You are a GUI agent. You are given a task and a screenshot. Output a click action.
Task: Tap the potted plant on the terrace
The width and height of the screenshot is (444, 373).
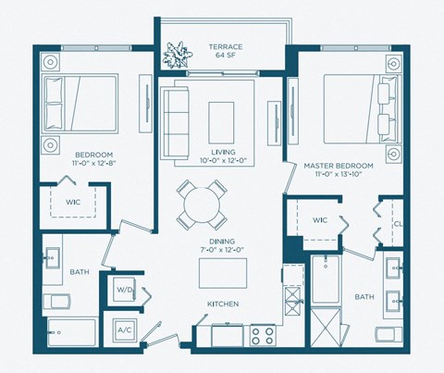(x=176, y=56)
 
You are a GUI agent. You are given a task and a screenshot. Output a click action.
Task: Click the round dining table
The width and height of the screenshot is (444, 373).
(x=201, y=205)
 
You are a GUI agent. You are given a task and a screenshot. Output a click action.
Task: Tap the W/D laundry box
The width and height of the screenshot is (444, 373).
(x=124, y=291)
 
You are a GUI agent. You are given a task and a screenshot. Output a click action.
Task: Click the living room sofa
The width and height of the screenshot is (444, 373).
(x=175, y=115)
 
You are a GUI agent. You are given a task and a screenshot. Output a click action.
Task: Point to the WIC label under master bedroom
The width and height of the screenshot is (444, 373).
(x=320, y=220)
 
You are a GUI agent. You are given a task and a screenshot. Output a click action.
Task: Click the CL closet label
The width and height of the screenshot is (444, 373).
(x=396, y=222)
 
